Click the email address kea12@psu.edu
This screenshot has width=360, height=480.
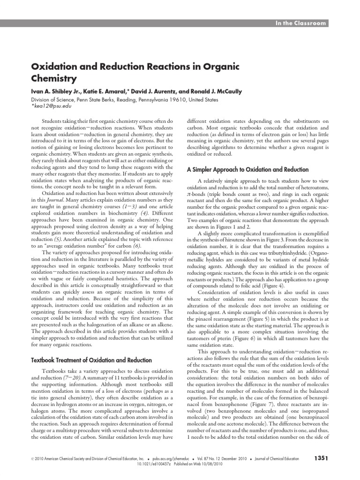point(52,106)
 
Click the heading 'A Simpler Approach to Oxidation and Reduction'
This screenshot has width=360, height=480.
point(247,170)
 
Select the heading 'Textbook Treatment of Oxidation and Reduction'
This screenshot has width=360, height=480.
point(91,360)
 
